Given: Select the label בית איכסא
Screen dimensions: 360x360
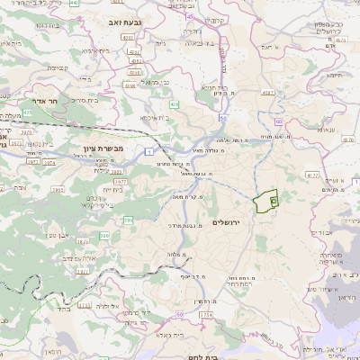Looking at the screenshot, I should point(157,118).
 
